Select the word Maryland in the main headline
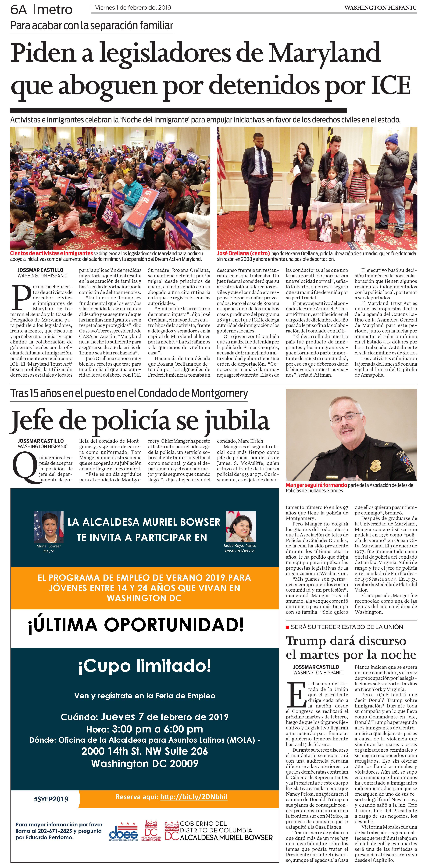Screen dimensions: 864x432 tap(324, 53)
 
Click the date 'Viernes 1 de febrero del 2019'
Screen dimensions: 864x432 tap(133, 8)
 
